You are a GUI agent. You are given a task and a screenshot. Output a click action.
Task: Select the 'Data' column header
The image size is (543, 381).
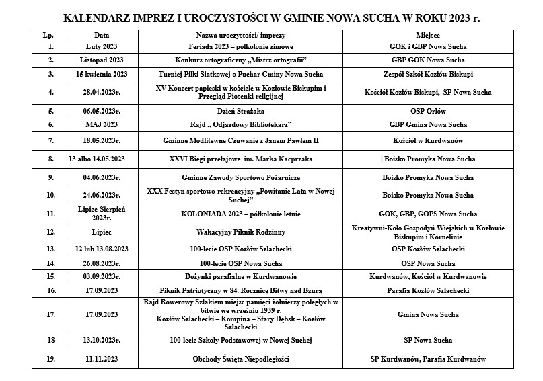click(101, 34)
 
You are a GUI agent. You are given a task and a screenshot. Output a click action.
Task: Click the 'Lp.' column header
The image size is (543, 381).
click(50, 34)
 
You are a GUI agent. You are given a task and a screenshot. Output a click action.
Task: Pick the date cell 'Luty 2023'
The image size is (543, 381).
click(101, 47)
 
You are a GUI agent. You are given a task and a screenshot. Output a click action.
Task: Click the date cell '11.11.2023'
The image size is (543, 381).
click(101, 359)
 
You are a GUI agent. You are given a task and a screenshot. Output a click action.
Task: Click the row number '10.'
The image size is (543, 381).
click(50, 195)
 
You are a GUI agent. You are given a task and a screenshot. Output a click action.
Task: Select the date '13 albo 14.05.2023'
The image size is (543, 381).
click(101, 159)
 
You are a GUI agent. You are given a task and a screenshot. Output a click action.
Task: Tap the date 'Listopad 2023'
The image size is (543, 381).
click(101, 60)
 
